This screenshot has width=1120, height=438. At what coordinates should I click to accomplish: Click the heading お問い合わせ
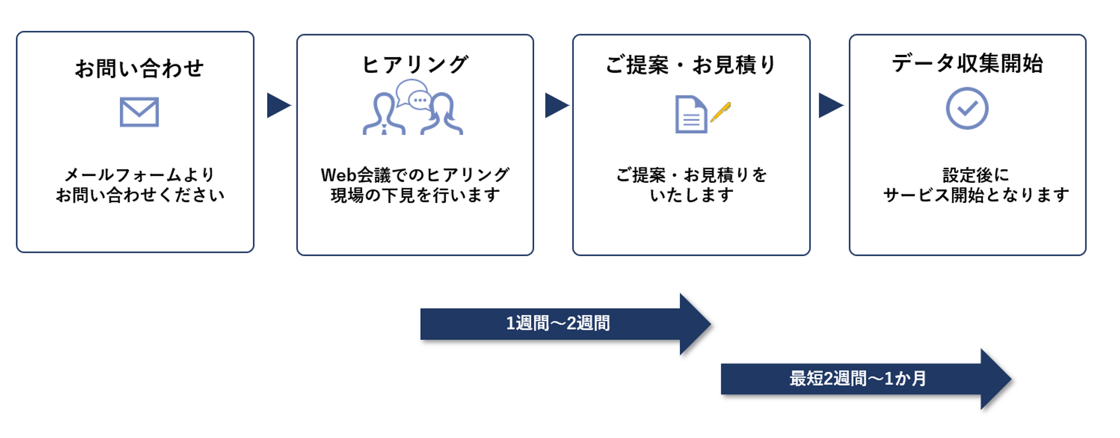click(x=139, y=68)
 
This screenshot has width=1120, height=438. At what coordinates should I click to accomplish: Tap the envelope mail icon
click(x=139, y=112)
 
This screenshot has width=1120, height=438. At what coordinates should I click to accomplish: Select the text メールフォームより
click(x=139, y=175)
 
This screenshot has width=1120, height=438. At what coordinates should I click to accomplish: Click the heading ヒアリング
click(x=415, y=64)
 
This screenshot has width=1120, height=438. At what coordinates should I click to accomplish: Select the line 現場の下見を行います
click(x=415, y=195)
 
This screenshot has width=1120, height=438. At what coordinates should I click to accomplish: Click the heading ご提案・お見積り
click(x=690, y=65)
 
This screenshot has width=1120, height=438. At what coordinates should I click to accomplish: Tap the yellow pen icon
click(x=721, y=111)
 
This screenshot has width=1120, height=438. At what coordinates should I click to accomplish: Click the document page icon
click(x=690, y=115)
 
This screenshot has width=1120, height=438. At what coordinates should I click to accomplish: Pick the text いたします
click(x=691, y=195)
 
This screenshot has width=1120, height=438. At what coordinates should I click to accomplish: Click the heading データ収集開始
click(x=967, y=63)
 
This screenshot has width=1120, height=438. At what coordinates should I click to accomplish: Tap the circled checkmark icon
click(x=967, y=108)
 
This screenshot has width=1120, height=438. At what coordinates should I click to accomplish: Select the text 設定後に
click(x=976, y=175)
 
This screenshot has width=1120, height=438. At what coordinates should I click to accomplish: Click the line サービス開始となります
click(x=976, y=195)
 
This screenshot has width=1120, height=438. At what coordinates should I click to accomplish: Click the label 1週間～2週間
click(x=558, y=324)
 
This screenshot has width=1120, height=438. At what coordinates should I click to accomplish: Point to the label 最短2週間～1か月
click(x=857, y=379)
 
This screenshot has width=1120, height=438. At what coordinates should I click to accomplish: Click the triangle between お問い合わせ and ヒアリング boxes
click(x=278, y=105)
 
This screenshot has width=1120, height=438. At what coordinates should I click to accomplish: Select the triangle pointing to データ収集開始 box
click(x=830, y=105)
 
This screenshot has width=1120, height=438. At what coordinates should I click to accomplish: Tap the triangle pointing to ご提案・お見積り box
click(x=556, y=105)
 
